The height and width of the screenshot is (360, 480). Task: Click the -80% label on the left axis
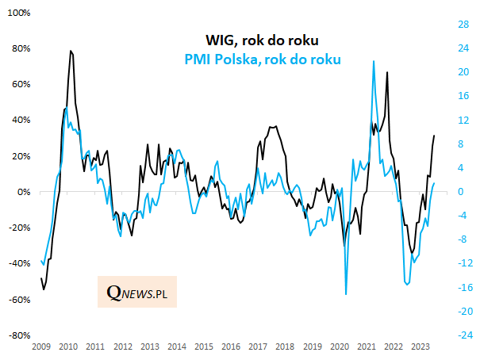19,336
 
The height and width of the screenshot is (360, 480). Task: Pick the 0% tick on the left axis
23,193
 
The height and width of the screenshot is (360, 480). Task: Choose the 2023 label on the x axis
421,347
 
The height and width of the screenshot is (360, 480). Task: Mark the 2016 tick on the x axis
230,347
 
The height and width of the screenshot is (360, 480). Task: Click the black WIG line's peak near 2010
71,51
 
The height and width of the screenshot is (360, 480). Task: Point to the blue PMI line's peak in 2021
373,61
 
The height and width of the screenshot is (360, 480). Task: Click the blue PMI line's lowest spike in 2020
346,294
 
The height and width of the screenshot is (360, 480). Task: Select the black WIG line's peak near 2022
387,72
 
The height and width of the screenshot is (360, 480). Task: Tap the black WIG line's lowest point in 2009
43,289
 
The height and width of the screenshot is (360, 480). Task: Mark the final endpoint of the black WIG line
435,136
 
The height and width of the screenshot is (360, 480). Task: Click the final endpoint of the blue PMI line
435,183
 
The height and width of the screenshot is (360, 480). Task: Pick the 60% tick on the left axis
19,85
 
